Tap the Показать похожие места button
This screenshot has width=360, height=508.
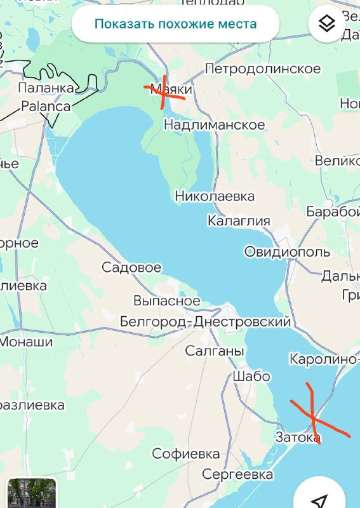tap(175, 25)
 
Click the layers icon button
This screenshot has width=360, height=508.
tap(326, 24)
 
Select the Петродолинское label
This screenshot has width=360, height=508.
tap(262, 68)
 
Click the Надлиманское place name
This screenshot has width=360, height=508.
tap(214, 125)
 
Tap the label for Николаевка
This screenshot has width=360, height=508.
tap(215, 196)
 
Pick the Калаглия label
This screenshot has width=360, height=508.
tap(239, 221)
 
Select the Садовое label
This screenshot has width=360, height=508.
tap(131, 267)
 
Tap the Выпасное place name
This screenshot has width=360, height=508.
tap(166, 300)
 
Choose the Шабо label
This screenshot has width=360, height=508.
tap(251, 376)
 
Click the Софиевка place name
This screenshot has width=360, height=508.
tap(185, 454)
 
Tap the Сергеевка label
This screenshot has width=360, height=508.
tap(237, 474)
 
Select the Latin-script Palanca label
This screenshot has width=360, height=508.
tap(46, 106)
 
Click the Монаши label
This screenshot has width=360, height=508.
tap(26, 342)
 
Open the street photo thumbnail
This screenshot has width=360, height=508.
tap(32, 493)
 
